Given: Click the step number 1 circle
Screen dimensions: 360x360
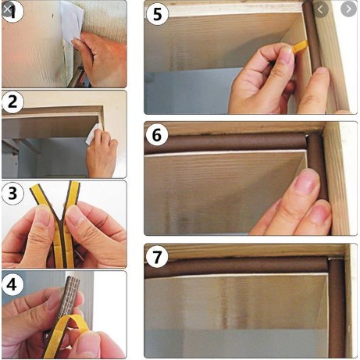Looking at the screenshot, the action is pos(12,11).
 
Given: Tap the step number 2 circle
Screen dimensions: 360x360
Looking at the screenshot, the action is pos(12,102).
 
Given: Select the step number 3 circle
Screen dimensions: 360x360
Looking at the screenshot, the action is pos(12,193).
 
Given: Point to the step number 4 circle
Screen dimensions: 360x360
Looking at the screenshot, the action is pos(12,284).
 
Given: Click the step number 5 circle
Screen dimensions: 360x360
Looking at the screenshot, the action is pos(158,14).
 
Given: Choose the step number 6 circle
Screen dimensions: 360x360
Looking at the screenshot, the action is pos(157,135).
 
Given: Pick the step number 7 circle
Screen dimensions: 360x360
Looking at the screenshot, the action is pos(157,257).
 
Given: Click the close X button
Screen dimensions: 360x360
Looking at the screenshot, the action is pos(7,9).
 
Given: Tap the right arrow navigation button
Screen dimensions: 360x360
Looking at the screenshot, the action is pos(348,9).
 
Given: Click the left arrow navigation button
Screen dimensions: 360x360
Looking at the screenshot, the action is pos(320,9).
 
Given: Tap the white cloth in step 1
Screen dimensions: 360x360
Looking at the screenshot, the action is pos(71,21).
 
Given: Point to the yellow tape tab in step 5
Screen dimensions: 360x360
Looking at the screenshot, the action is pos(300,46).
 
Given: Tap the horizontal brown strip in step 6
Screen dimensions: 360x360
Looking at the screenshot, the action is pos(226,142).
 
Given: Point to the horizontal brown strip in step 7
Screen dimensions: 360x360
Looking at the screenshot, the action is pos(236,266).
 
